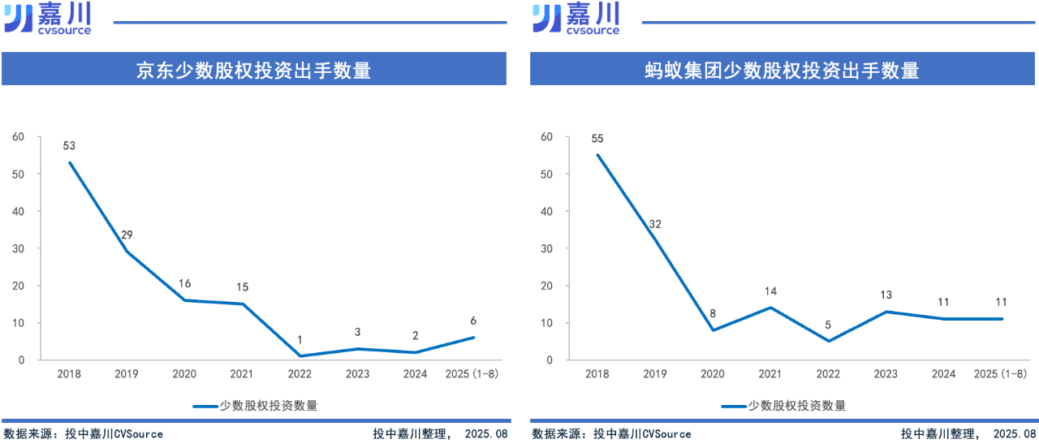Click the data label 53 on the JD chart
[x=69, y=146]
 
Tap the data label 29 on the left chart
[x=127, y=235]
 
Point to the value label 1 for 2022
[x=300, y=340]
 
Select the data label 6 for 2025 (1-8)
[x=473, y=321]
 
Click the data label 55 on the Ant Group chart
[x=597, y=139]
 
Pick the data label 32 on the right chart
[x=655, y=224]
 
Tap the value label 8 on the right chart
[x=713, y=313]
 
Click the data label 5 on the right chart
[x=828, y=325]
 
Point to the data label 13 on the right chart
[x=886, y=295]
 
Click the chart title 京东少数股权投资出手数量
[x=253, y=71]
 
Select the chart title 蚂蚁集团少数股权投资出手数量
[x=782, y=71]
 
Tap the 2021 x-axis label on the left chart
[x=242, y=373]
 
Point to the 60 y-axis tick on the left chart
[x=19, y=137]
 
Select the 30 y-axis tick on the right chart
[x=546, y=248]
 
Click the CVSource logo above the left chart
[x=48, y=18]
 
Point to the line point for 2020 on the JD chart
[x=184, y=300]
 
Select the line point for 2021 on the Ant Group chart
[x=770, y=308]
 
